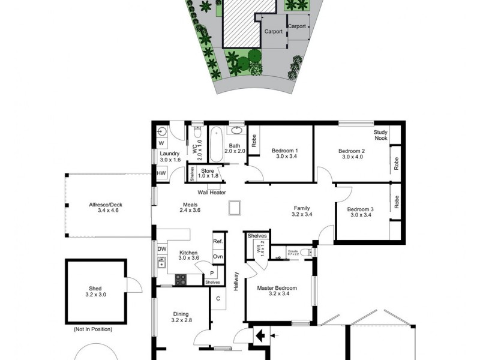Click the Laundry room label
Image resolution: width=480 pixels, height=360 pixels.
coord(170,156)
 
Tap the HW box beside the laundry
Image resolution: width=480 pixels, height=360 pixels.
coord(161,173)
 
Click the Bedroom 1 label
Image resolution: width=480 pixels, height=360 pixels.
coord(284,153)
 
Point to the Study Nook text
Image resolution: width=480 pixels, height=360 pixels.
coord(381,135)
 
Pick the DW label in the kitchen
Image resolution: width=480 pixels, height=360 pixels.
coord(161,248)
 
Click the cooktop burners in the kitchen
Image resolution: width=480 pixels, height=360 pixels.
coord(180,278)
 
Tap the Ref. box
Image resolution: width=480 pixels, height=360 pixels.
coord(218,242)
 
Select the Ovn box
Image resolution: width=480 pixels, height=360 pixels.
coord(218,257)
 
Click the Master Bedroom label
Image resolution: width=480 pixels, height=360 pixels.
coord(278,290)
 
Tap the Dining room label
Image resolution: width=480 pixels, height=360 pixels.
coord(181,317)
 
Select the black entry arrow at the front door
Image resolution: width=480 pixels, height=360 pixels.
coord(260,334)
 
